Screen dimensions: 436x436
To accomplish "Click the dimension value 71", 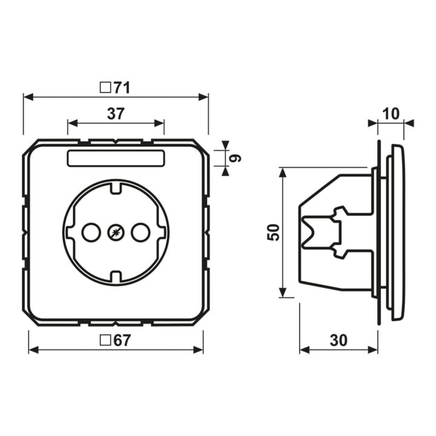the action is (122, 88).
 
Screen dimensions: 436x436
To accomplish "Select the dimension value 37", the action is (116, 113).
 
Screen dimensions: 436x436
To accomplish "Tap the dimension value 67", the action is (122, 340).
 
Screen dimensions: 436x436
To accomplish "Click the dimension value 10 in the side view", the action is (391, 114).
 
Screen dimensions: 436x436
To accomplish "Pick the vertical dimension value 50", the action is (273, 232).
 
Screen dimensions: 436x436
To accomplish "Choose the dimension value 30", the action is (339, 340).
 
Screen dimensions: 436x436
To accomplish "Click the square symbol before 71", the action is (105, 88).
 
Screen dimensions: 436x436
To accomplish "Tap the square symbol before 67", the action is (105, 340).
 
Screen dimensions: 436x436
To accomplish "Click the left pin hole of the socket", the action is (91, 232).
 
